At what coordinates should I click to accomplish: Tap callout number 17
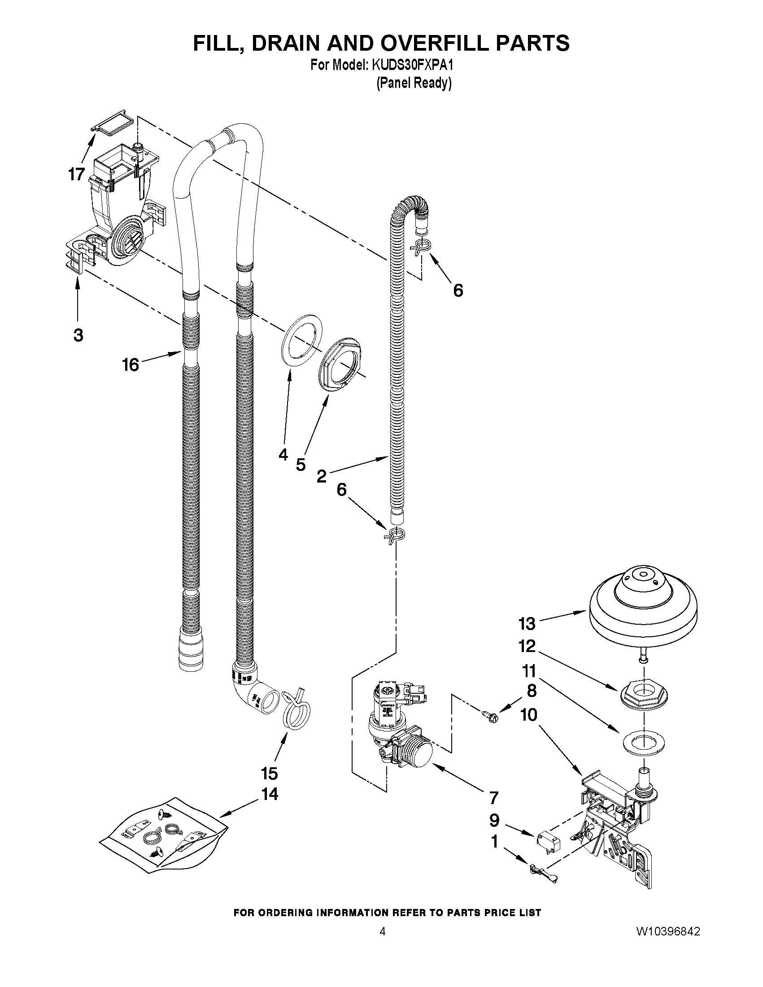point(77,174)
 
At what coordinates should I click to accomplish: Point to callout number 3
point(78,335)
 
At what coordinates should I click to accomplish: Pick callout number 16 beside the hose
point(131,364)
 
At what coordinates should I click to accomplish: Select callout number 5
point(301,464)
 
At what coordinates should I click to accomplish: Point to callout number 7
point(493,797)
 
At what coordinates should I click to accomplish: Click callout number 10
point(529,715)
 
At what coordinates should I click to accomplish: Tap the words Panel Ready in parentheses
point(414,83)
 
